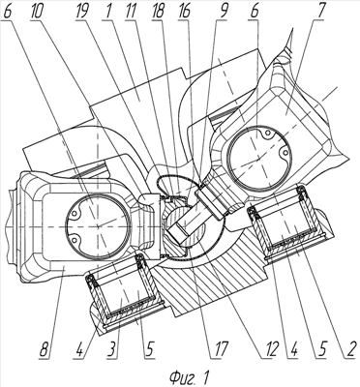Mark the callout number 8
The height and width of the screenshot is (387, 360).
pos(45,350)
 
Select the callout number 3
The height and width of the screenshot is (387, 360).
pos(112,350)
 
